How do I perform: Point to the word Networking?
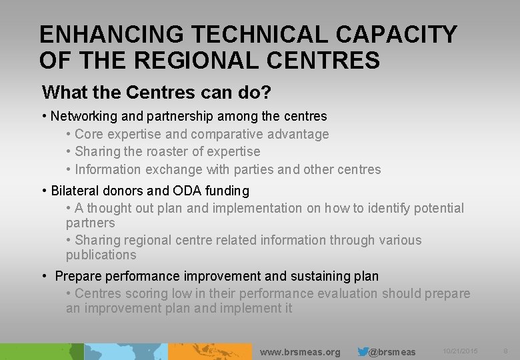[83, 117]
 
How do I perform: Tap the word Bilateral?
[75, 191]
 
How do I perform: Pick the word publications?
[101, 255]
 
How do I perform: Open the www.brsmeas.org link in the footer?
[299, 352]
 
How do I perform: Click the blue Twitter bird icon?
[363, 351]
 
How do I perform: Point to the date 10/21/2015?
[460, 351]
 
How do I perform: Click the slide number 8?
[506, 351]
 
